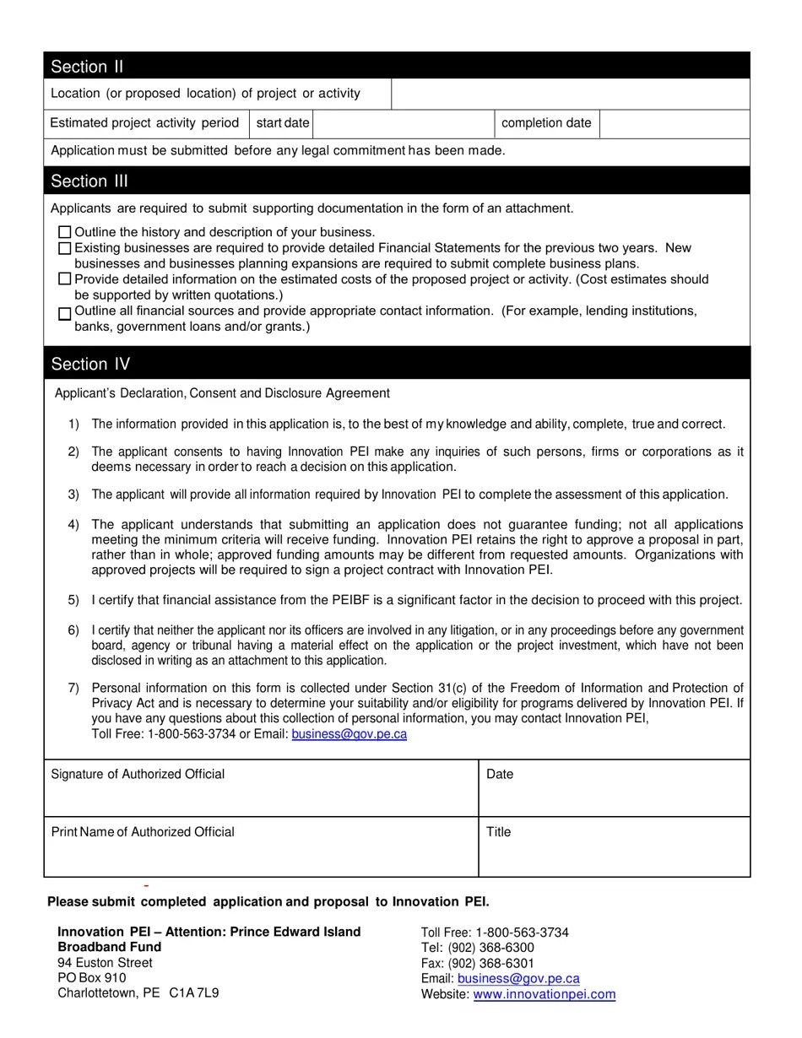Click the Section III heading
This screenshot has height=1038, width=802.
[x=89, y=181]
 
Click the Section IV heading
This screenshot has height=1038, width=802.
[x=90, y=365]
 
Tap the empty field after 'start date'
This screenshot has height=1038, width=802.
[x=403, y=123]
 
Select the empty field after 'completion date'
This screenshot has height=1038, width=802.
[x=674, y=123]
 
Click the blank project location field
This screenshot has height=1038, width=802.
[x=570, y=94]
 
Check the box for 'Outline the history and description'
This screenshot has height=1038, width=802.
[x=65, y=232]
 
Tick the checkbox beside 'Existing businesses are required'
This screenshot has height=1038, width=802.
[x=65, y=248]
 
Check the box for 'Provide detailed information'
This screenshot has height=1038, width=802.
[x=65, y=279]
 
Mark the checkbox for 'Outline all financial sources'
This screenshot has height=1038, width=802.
[x=65, y=313]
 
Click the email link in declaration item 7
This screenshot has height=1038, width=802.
[x=349, y=734]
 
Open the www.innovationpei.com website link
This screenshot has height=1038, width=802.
[x=544, y=994]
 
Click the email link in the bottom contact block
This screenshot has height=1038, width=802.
[x=518, y=979]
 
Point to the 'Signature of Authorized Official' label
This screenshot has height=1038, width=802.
[x=138, y=775]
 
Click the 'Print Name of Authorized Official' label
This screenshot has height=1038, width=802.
[x=143, y=832]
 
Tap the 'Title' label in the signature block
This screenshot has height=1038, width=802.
[x=498, y=832]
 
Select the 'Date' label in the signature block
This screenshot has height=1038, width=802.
[x=500, y=775]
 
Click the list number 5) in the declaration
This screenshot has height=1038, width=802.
[x=73, y=601]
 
